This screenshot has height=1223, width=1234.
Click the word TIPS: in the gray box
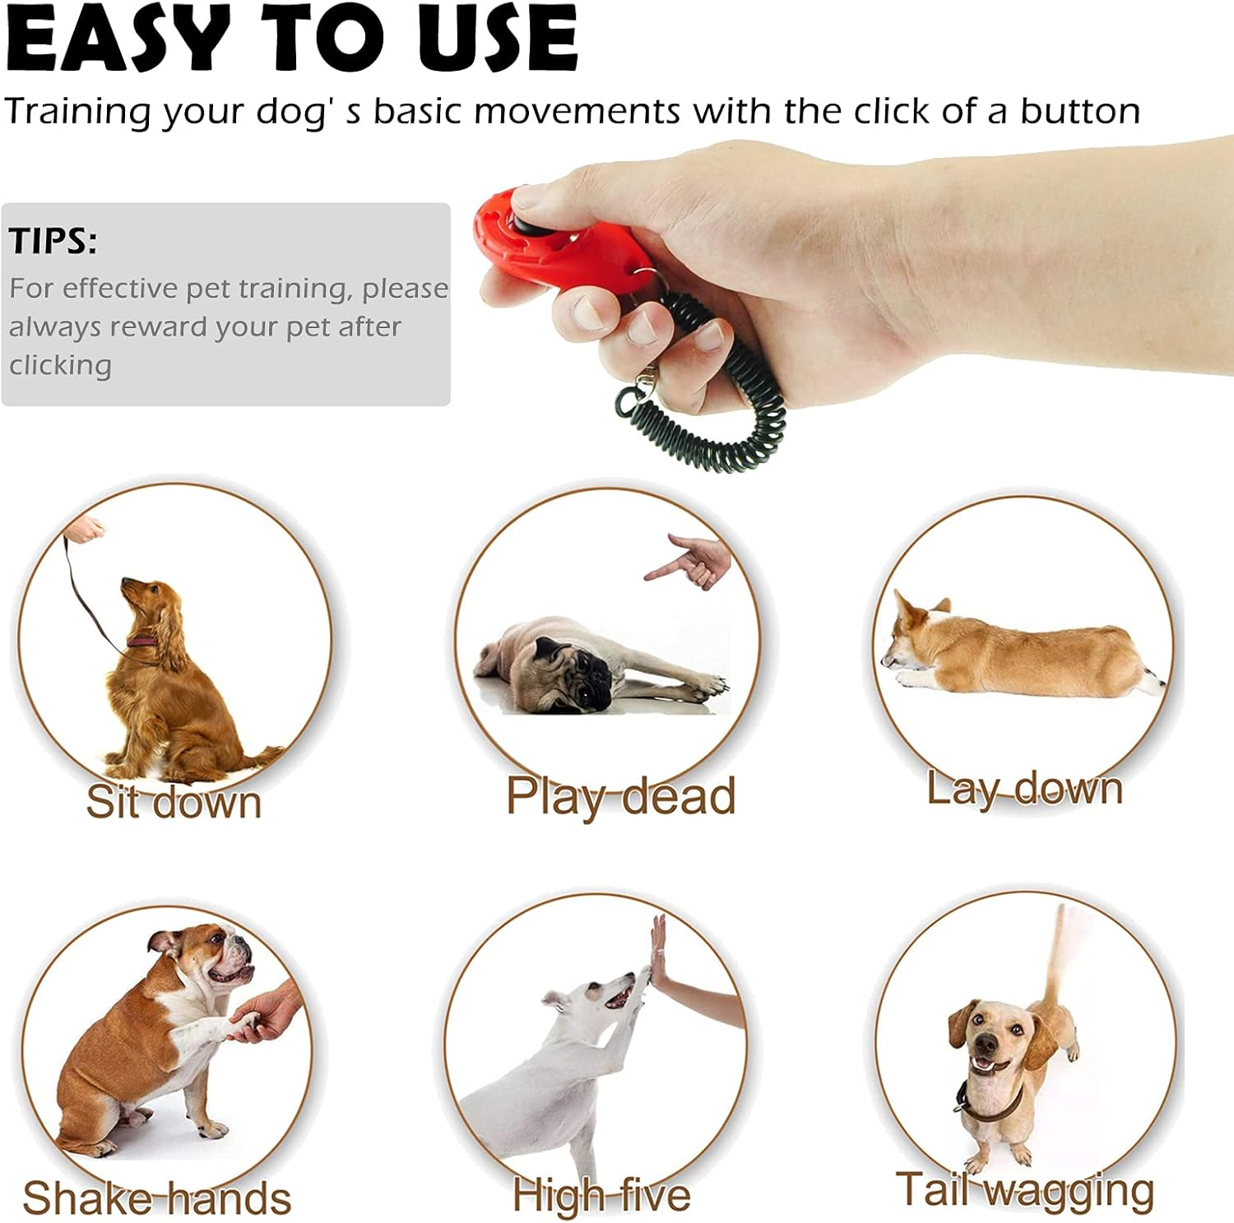53,241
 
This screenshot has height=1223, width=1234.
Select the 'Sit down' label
174,801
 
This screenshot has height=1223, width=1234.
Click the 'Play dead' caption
620,796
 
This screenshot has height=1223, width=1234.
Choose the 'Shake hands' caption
157,1198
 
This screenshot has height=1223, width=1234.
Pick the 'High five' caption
601,1195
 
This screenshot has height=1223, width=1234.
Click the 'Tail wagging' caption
1025,1189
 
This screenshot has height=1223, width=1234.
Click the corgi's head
912,633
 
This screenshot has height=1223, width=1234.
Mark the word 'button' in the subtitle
1080,111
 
